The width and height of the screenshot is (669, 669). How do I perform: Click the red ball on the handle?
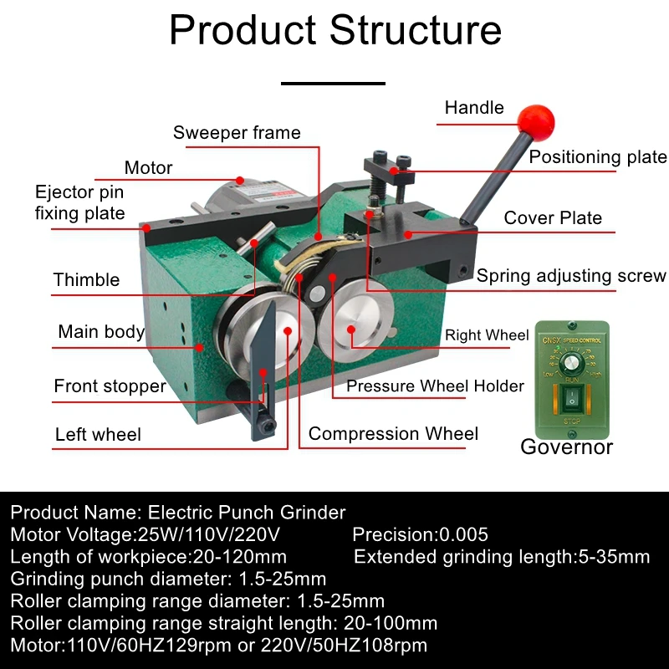[x=536, y=121]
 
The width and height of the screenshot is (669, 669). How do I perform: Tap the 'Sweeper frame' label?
[x=237, y=133]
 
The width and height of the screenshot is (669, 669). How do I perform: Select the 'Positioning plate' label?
[x=598, y=157]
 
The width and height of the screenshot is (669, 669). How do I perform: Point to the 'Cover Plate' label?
[x=553, y=218]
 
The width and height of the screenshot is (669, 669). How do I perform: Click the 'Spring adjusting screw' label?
[x=571, y=276]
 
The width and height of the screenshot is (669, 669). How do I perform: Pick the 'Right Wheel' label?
[x=487, y=335]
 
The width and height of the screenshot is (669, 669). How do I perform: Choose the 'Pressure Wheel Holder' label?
[x=435, y=386]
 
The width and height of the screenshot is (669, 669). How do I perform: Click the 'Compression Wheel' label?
[x=393, y=433]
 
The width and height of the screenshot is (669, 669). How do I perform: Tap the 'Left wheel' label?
[x=98, y=435]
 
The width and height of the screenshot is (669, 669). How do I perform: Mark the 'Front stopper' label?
[x=110, y=386]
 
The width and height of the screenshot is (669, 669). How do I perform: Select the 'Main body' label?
[x=101, y=332]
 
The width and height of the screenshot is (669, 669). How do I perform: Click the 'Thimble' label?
[x=86, y=280]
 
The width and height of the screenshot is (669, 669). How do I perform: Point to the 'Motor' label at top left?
[x=148, y=168]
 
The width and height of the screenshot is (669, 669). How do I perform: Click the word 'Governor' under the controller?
[x=566, y=447]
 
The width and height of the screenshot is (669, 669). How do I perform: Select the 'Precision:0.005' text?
[x=420, y=534]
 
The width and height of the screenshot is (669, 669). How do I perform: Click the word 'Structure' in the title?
[x=415, y=30]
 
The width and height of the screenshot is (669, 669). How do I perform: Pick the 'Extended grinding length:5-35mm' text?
[x=502, y=556]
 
